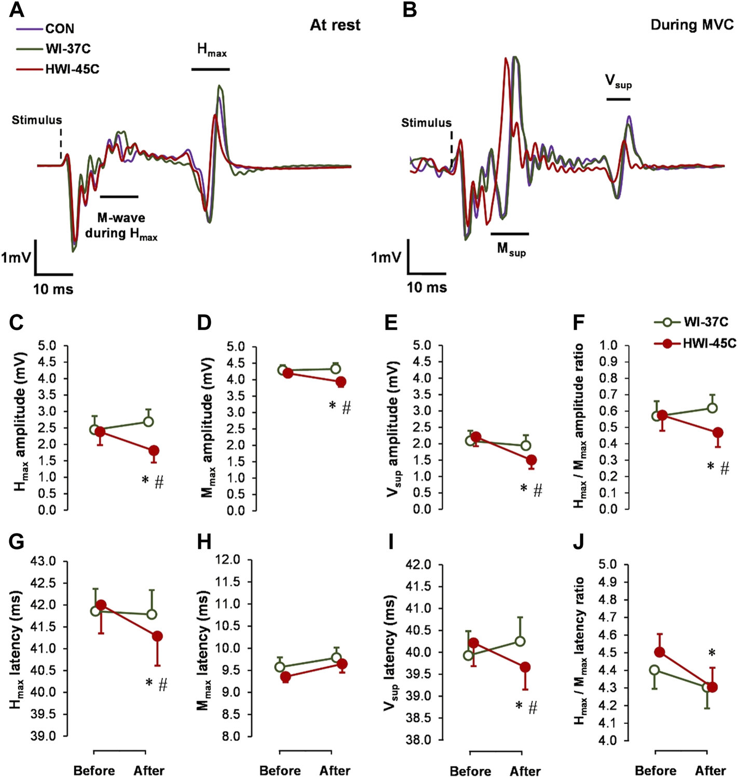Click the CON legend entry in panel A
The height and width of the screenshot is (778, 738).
59,29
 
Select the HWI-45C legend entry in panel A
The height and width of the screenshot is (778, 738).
72,69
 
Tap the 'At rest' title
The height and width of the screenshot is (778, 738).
335,25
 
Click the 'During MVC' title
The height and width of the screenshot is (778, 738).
692,25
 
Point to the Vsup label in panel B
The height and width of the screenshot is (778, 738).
618,82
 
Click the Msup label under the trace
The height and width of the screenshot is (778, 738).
511,250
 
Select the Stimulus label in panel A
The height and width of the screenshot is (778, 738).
37,120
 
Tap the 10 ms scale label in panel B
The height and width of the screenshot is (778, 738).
427,287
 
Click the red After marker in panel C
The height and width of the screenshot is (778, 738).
154,450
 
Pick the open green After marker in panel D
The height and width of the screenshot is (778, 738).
335,369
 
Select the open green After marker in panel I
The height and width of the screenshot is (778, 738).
520,641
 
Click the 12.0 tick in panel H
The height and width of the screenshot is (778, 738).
229,560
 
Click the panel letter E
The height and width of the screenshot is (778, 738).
391,323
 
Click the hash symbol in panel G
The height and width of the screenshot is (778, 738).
163,685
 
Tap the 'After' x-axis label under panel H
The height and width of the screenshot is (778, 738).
335,771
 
